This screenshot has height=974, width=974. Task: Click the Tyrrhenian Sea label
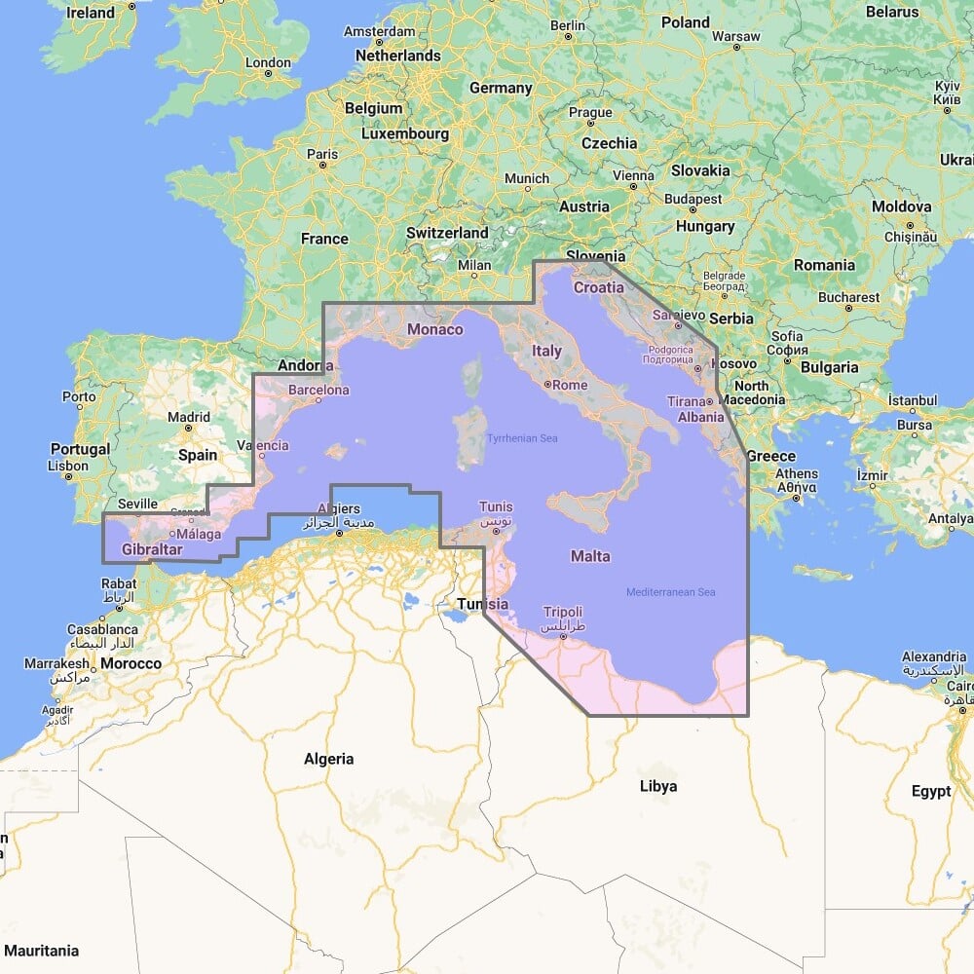pyautogui.click(x=523, y=438)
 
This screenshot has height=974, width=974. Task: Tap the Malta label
pyautogui.click(x=590, y=556)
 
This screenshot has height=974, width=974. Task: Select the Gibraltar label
pyautogui.click(x=153, y=550)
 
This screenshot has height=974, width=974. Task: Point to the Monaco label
pyautogui.click(x=435, y=329)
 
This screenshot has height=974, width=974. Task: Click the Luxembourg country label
pyautogui.click(x=405, y=133)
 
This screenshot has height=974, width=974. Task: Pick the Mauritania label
pyautogui.click(x=39, y=950)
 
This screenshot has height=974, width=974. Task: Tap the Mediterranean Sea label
pyautogui.click(x=671, y=592)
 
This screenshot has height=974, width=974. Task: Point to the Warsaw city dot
pyautogui.click(x=737, y=48)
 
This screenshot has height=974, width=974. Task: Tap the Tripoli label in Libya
pyautogui.click(x=562, y=612)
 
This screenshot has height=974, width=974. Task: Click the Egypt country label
pyautogui.click(x=931, y=791)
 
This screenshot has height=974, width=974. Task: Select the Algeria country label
pyautogui.click(x=329, y=759)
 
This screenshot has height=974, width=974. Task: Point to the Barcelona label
pyautogui.click(x=318, y=391)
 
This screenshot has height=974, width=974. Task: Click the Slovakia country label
pyautogui.click(x=699, y=170)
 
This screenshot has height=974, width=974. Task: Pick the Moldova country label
pyautogui.click(x=901, y=206)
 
